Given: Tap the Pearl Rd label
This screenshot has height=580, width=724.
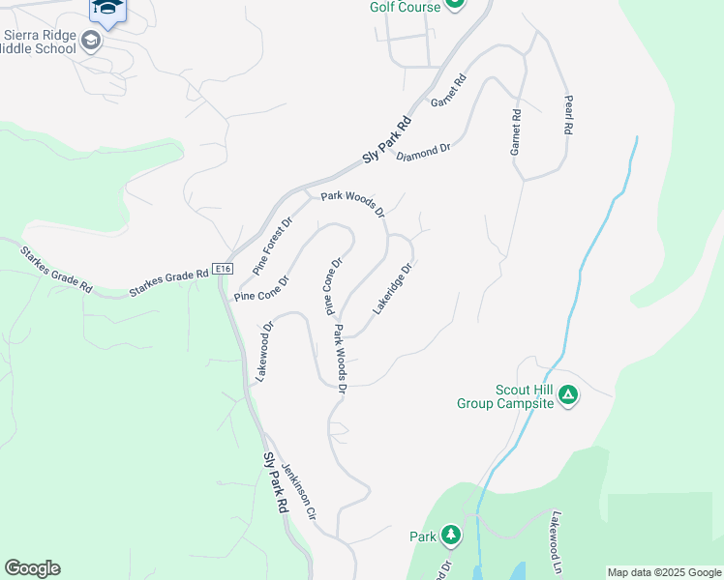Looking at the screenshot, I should (570, 114).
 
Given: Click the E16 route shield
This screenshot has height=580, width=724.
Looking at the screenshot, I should (224, 270).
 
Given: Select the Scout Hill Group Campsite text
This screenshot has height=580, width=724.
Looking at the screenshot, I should (510, 396).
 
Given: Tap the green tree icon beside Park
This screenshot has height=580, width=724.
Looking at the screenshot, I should (450, 535).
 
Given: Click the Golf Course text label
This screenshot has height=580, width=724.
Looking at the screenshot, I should (405, 7).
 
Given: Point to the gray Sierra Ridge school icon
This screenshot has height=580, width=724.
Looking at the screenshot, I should (91, 40).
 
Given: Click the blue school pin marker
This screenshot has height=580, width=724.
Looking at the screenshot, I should (107, 10).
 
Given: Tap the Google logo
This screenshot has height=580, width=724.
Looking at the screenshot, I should (32, 568).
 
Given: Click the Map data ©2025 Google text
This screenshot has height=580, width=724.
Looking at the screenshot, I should (663, 572).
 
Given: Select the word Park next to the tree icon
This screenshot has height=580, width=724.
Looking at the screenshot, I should (423, 536).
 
